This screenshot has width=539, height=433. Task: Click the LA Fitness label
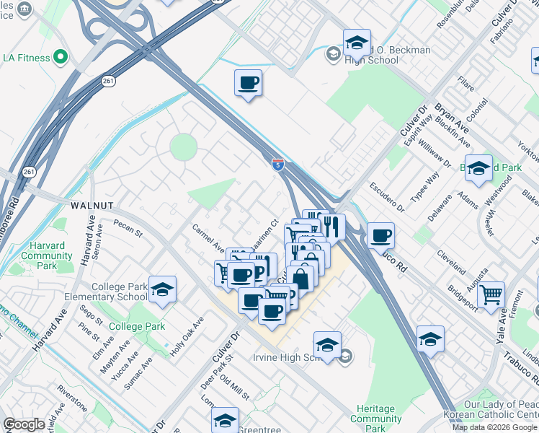point(24,57)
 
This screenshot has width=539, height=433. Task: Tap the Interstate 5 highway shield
point(277,165)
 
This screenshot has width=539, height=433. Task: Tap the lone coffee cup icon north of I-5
point(248,83)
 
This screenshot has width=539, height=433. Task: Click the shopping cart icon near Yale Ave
point(491,294)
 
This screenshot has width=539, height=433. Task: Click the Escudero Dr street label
point(387,198)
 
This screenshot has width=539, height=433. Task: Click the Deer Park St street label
point(217,368)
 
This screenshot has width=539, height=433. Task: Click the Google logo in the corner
point(24,424)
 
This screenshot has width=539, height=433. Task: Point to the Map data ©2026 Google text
point(494,427)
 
